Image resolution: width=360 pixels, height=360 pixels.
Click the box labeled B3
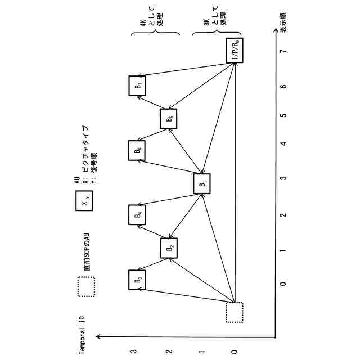138,280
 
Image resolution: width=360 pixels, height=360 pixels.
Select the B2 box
169,247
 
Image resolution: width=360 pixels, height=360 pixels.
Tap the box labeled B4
138,214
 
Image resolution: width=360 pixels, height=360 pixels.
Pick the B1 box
202,183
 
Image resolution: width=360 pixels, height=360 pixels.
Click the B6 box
138,150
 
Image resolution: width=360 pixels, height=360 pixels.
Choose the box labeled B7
138,85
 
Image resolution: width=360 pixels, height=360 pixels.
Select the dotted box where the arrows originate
235,312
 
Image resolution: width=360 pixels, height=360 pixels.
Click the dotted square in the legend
86,287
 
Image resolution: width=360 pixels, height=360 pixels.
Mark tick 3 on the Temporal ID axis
133,352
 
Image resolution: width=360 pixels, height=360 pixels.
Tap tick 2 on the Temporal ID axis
168,352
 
